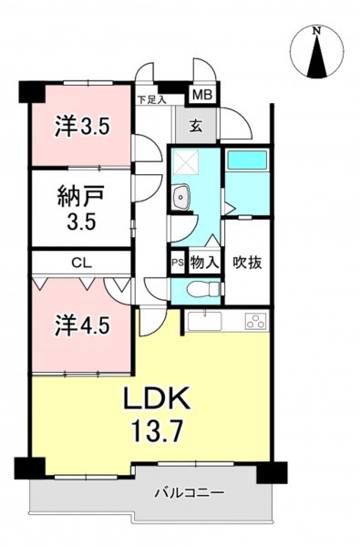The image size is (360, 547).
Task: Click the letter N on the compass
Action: pyautogui.click(x=316, y=31)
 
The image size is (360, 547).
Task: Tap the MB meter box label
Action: pyautogui.click(x=202, y=95)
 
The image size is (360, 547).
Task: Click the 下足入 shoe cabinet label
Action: pyautogui.click(x=151, y=100)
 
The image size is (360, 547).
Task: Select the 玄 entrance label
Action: pyautogui.click(x=196, y=126)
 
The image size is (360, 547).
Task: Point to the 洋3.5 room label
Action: pyautogui.click(x=83, y=127)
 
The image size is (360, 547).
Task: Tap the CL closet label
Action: pyautogui.click(x=82, y=263)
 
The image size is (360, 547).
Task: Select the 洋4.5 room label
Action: pyautogui.click(x=82, y=325)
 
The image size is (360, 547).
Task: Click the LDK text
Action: pyautogui.click(x=158, y=397)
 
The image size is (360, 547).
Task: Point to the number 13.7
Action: pyautogui.click(x=157, y=430)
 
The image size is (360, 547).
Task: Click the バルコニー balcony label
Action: pyautogui.click(x=190, y=493)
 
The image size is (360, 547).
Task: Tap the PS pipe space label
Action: pyautogui.click(x=178, y=263)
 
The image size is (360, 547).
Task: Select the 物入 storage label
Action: pyautogui.click(x=205, y=263)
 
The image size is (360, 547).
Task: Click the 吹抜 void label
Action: pyautogui.click(x=247, y=263)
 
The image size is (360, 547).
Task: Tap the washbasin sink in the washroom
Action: pyautogui.click(x=180, y=197)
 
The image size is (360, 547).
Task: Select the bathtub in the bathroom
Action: pyautogui.click(x=247, y=160)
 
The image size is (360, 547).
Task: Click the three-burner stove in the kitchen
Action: pyautogui.click(x=256, y=321)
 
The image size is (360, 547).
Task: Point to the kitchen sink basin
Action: pyautogui.click(x=205, y=321)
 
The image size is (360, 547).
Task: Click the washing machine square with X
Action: pyautogui.click(x=186, y=161)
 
